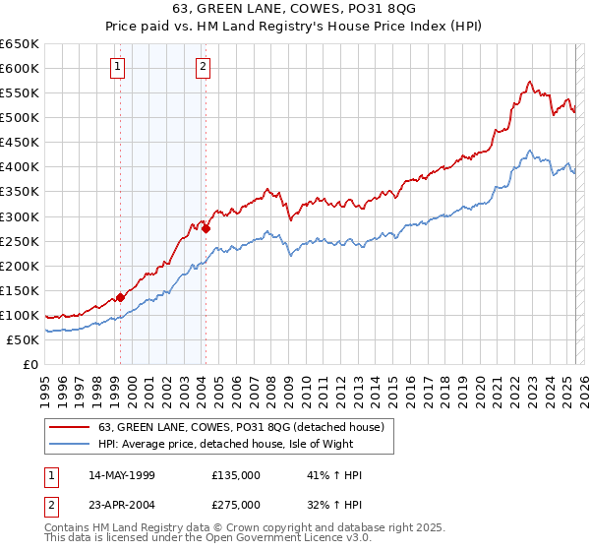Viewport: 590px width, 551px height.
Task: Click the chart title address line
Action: (295, 12)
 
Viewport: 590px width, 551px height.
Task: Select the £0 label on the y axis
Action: (31, 365)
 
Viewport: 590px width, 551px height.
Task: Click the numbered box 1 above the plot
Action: (117, 67)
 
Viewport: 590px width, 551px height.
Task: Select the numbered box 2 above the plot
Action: (202, 67)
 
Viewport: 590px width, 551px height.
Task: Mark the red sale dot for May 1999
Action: (120, 297)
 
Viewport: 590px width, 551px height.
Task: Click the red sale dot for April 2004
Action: (206, 228)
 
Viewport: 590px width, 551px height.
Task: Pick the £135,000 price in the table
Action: (236, 475)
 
